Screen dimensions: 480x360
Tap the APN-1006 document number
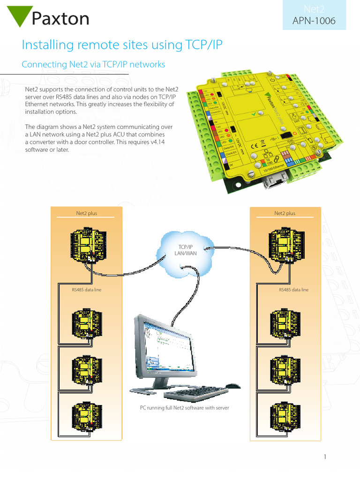click(x=314, y=21)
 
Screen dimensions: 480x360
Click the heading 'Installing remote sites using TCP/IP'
click(x=122, y=45)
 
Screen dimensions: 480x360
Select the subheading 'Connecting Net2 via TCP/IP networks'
click(x=93, y=65)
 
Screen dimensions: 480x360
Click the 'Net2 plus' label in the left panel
click(x=87, y=213)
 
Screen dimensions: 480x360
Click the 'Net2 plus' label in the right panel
click(x=285, y=213)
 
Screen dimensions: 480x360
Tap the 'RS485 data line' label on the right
click(x=293, y=290)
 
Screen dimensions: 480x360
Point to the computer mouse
click(x=232, y=386)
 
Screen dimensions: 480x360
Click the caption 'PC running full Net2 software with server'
click(x=185, y=408)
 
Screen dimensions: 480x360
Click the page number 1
click(x=324, y=457)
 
